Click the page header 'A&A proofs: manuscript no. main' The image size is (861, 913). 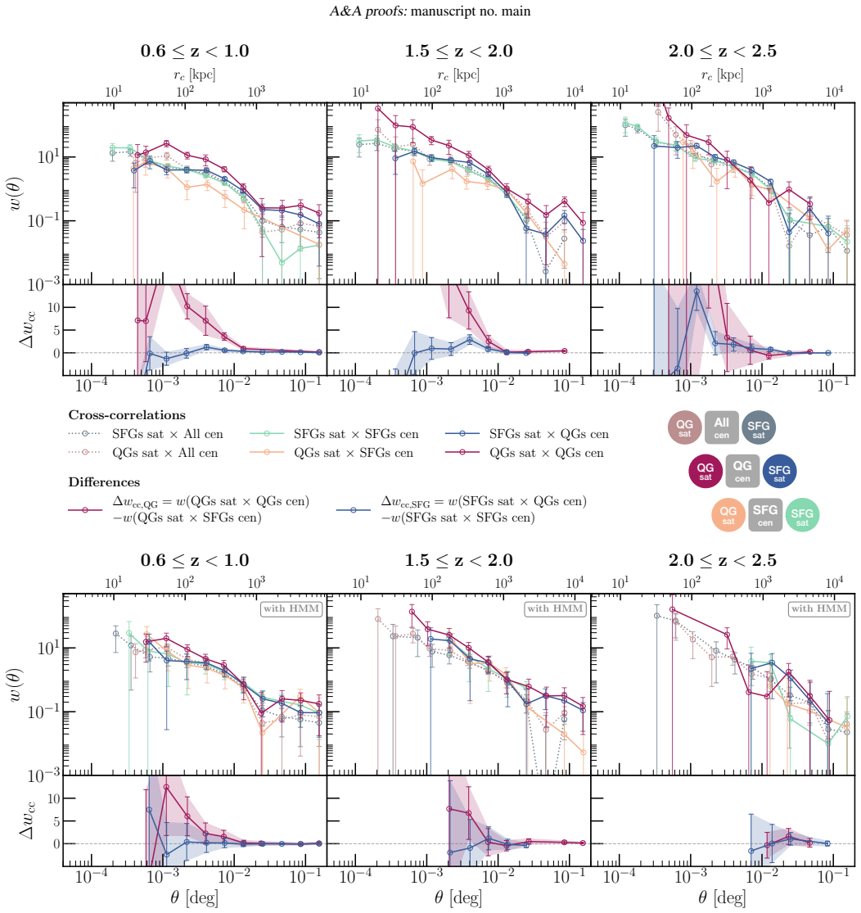pyautogui.click(x=430, y=11)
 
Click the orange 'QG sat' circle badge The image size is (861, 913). pyautogui.click(x=728, y=515)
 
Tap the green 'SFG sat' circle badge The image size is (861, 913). pyautogui.click(x=802, y=515)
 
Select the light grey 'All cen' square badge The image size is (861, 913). pyautogui.click(x=722, y=427)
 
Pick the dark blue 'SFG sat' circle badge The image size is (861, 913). pyautogui.click(x=779, y=471)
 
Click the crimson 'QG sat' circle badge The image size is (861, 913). pyautogui.click(x=705, y=471)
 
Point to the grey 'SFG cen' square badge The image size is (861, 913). pyautogui.click(x=765, y=515)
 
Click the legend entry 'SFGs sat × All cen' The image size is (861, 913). pyautogui.click(x=168, y=434)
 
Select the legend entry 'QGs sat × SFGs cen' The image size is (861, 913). pyautogui.click(x=354, y=453)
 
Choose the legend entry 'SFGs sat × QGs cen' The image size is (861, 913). pyautogui.click(x=549, y=434)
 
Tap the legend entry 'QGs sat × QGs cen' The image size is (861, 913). pyautogui.click(x=546, y=453)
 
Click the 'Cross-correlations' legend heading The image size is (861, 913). pyautogui.click(x=127, y=414)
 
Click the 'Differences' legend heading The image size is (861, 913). pyautogui.click(x=104, y=482)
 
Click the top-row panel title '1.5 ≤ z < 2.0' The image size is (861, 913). pyautogui.click(x=458, y=52)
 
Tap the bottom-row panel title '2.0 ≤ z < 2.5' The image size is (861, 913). pyautogui.click(x=723, y=560)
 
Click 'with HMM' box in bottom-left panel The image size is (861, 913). pyautogui.click(x=291, y=608)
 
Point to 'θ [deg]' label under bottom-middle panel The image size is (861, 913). pyautogui.click(x=458, y=897)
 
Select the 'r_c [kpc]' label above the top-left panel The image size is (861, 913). pyautogui.click(x=194, y=75)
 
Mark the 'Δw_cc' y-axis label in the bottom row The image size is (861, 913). pyautogui.click(x=27, y=821)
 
